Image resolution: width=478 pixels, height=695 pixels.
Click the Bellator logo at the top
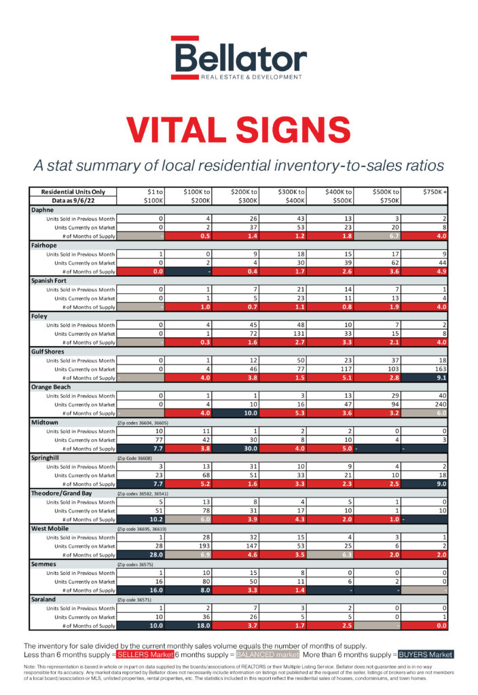coord(238,59)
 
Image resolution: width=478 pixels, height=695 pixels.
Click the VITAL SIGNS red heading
coord(238,128)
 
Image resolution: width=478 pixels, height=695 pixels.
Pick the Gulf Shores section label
coord(50,351)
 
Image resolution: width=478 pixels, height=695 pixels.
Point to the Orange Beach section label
coord(53,386)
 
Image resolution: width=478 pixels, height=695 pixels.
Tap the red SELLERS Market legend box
coord(143,654)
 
